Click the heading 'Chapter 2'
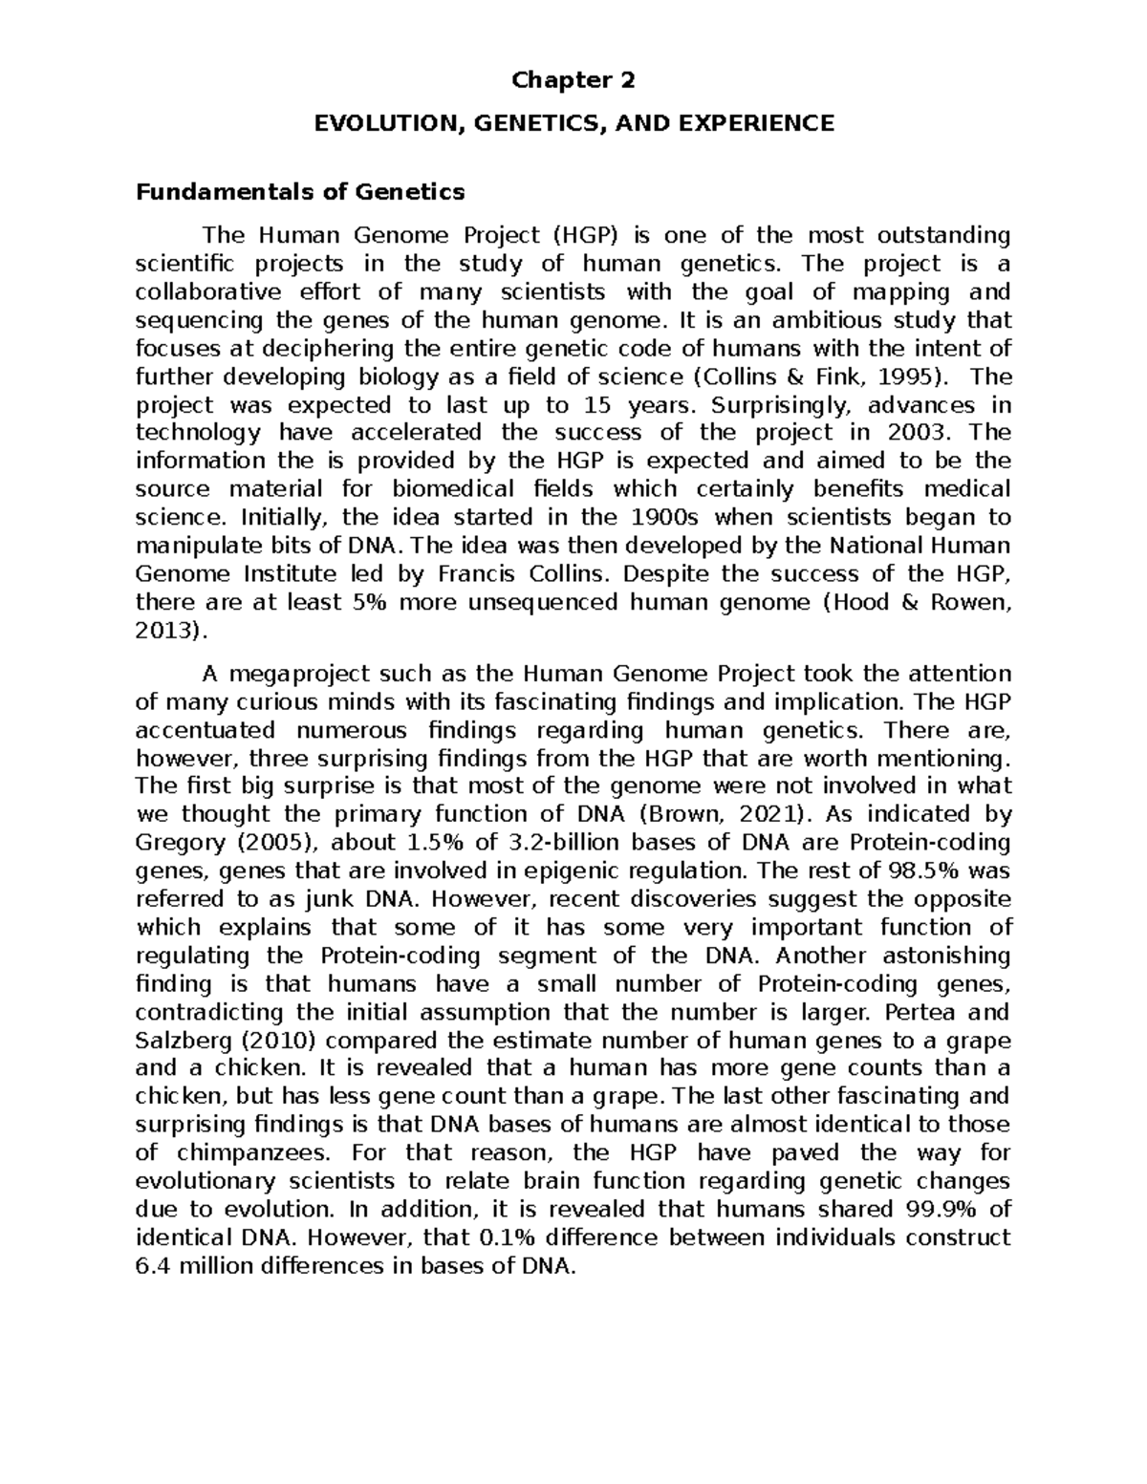[x=573, y=81]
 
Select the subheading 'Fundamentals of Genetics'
[x=300, y=192]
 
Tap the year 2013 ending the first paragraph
[x=163, y=631]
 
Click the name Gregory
[x=179, y=843]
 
